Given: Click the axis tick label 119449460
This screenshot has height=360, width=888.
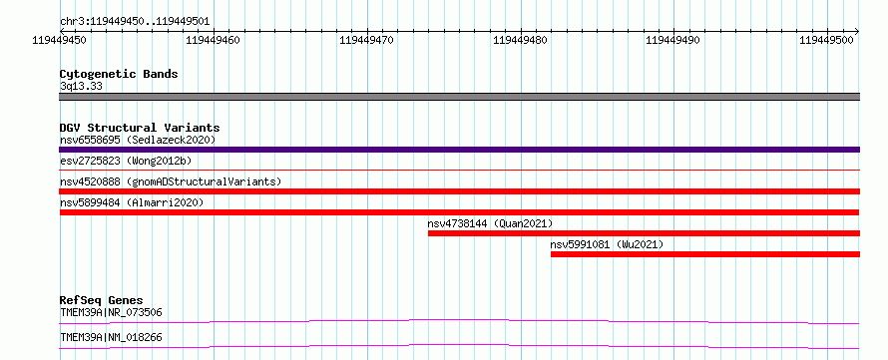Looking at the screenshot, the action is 214,40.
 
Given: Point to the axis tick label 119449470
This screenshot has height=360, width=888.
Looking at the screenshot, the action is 367,40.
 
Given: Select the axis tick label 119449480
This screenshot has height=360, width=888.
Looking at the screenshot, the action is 521,40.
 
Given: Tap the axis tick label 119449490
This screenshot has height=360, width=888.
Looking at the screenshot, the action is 673,40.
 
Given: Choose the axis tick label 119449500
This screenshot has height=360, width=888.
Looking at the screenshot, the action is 827,40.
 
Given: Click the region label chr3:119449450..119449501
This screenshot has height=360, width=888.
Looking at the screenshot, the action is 135,22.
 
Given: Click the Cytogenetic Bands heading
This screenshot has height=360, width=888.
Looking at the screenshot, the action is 119,74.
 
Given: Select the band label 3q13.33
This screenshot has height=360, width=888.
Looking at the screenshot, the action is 81,86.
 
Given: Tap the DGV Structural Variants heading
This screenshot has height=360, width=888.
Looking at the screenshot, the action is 140,128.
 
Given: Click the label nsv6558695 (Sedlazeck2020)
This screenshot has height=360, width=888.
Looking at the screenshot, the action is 138,140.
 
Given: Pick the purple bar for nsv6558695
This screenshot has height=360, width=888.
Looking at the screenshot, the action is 459,150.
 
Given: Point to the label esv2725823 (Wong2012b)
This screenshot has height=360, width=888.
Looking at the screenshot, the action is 126,161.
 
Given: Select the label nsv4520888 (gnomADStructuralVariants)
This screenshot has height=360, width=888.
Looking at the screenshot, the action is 171,181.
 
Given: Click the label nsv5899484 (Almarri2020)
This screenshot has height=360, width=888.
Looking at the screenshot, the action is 132,202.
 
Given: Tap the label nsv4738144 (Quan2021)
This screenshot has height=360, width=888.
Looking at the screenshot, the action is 490,223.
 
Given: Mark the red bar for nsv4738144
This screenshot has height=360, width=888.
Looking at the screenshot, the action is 644,233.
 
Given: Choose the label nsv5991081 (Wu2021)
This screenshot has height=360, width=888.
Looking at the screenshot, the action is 607,244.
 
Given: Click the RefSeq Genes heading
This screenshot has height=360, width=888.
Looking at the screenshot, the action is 102,300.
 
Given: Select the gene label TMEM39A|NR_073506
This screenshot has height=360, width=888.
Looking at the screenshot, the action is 111,312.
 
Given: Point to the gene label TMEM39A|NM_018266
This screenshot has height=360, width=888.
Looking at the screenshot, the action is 111,338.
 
